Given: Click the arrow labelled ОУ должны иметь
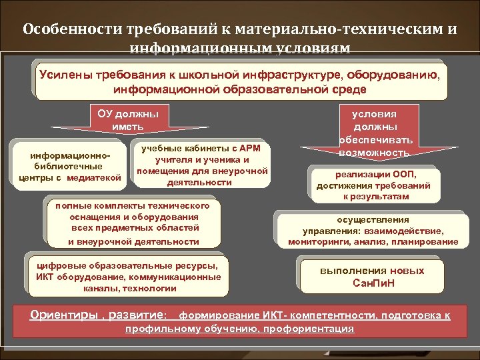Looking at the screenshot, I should [x=128, y=120].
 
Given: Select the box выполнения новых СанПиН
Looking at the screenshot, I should [x=372, y=277].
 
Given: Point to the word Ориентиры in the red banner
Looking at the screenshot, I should [x=61, y=314].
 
